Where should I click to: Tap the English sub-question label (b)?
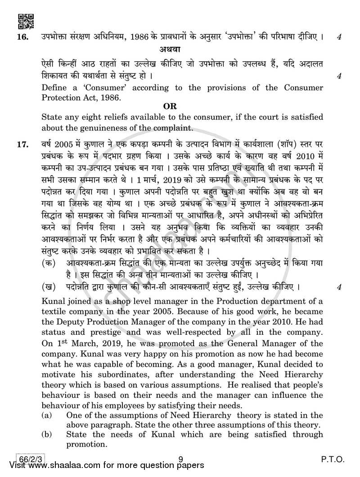click(x=47, y=434)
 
